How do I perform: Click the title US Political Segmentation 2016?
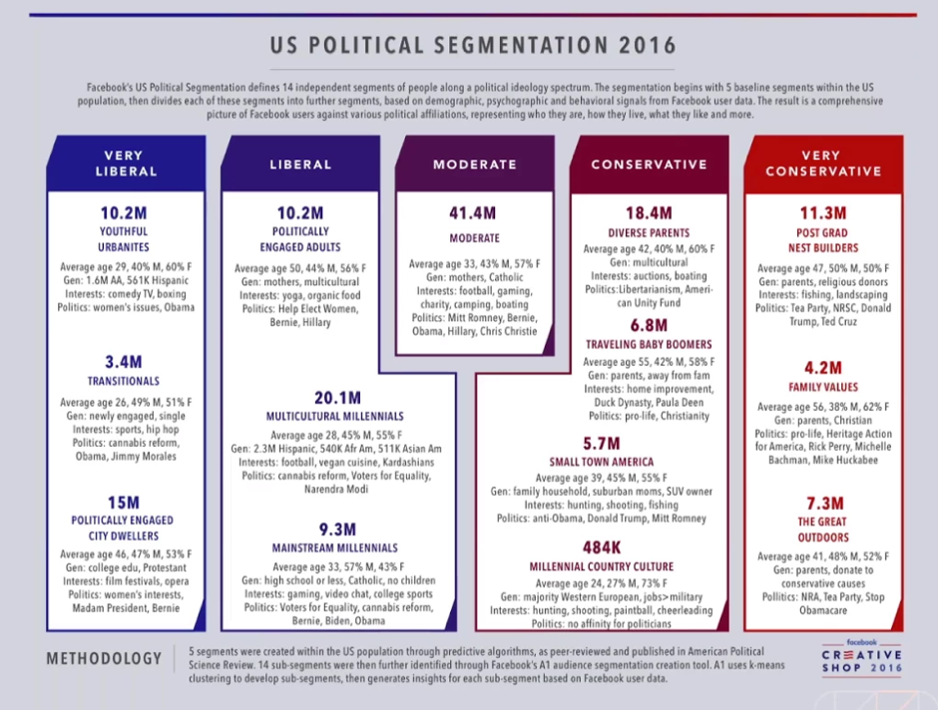click(474, 46)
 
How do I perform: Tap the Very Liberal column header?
click(126, 164)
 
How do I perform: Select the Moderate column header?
click(475, 165)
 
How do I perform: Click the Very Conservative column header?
click(823, 164)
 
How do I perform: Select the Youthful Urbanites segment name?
click(124, 239)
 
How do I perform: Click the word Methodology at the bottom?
click(104, 658)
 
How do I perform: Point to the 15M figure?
click(124, 502)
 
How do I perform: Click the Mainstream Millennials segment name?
click(335, 548)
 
